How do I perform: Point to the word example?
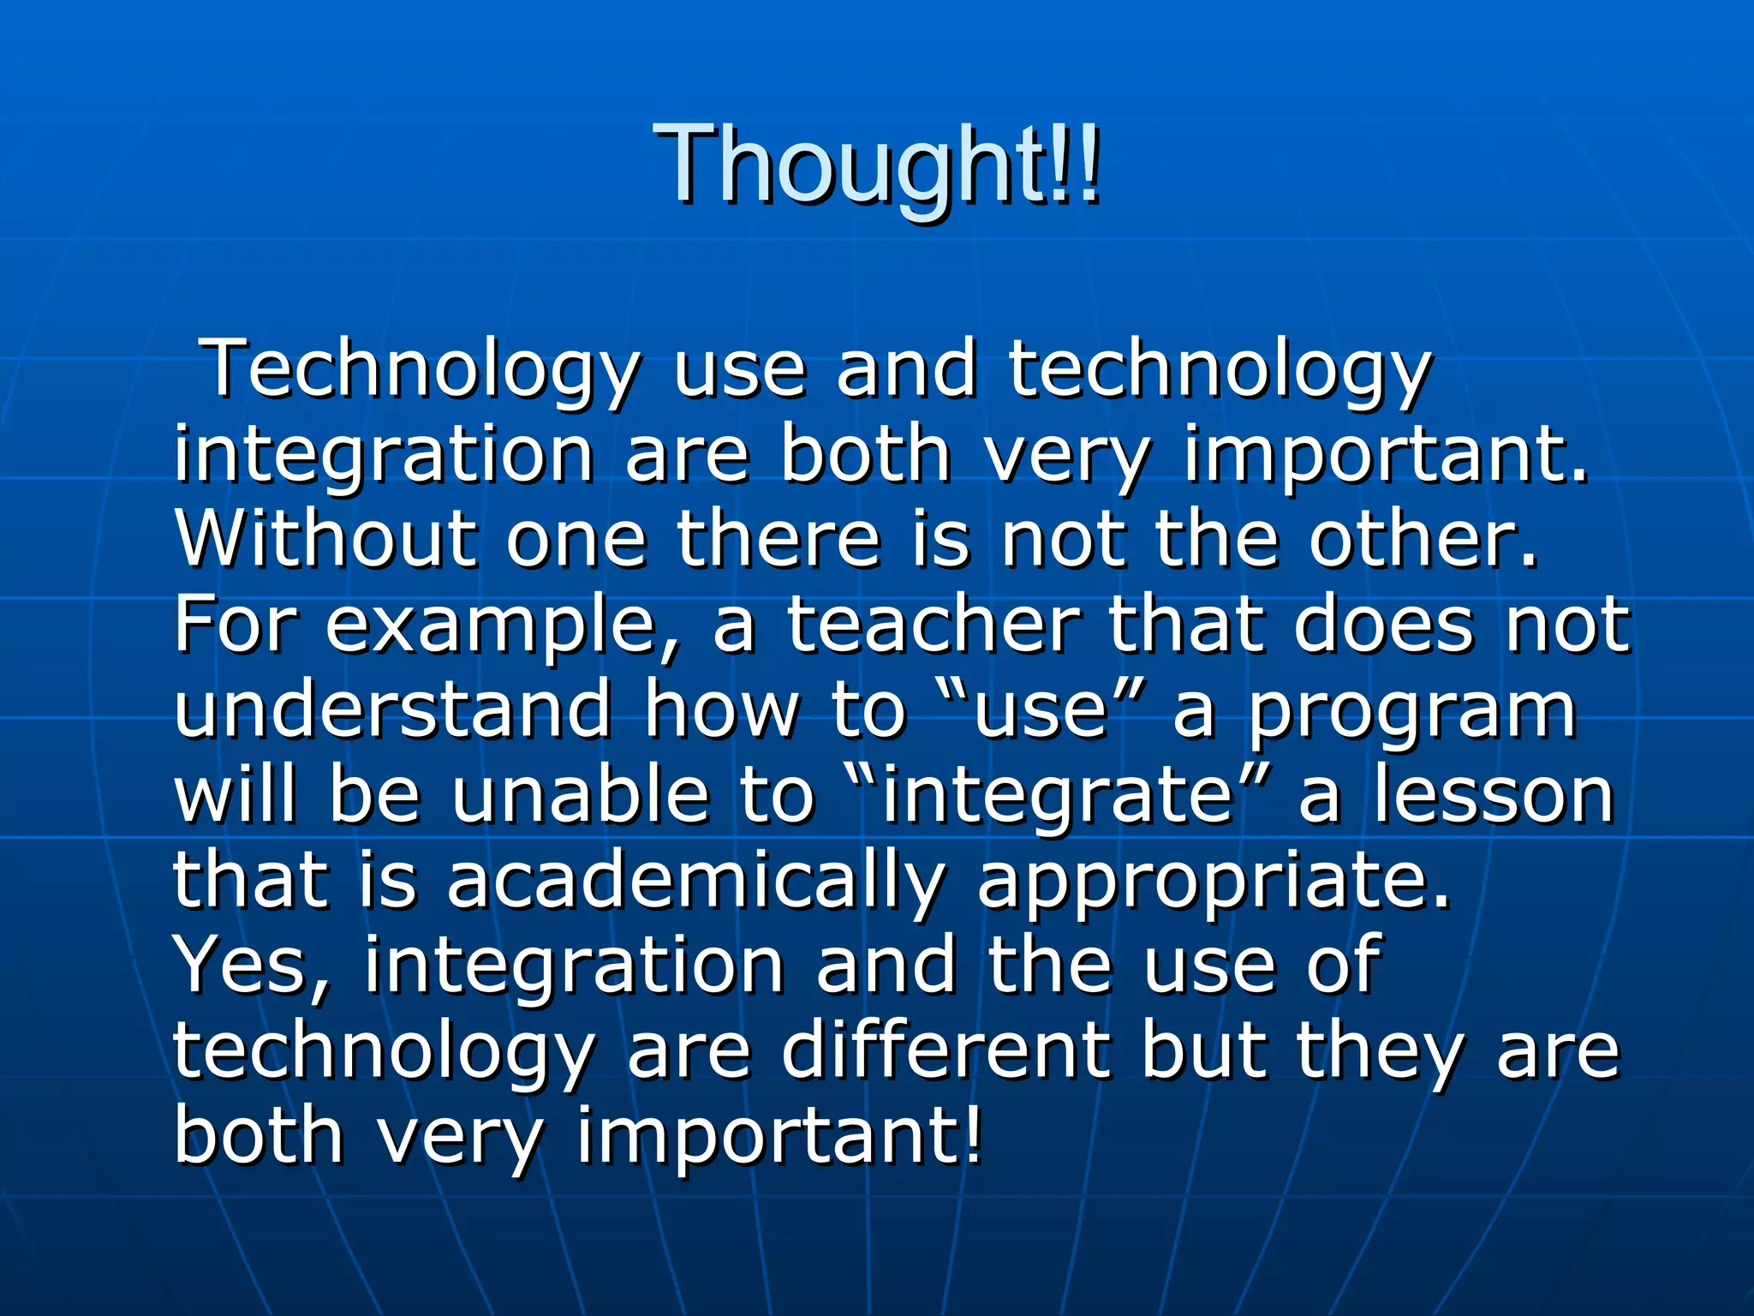pyautogui.click(x=501, y=627)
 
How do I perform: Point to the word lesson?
pyautogui.click(x=1494, y=795)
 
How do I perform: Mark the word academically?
pyautogui.click(x=694, y=882)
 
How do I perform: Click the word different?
pyautogui.click(x=946, y=1050)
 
